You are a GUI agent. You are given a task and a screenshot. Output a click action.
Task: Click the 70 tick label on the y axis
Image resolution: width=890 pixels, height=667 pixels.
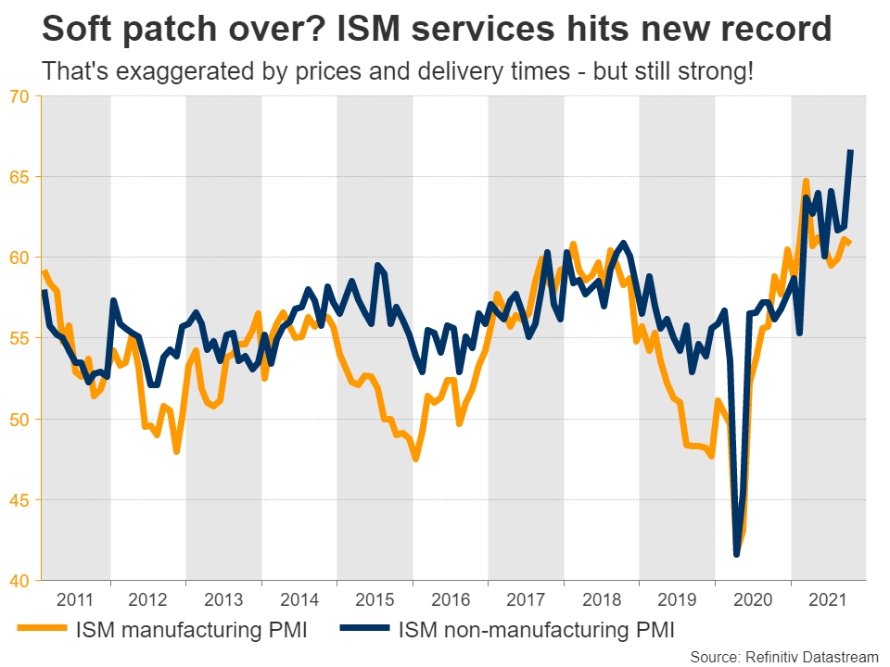point(19,96)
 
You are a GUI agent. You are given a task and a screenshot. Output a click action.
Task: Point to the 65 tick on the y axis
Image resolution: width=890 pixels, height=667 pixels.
point(19,177)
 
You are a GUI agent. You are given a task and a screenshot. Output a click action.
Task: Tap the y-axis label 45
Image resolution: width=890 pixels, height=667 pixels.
point(19,500)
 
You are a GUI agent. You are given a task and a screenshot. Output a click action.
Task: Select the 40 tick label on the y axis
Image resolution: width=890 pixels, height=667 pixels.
point(19,581)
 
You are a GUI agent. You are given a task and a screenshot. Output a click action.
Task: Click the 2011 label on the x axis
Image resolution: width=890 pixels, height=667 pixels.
point(75,599)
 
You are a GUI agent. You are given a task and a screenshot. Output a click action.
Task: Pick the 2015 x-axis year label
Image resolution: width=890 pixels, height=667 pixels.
point(375,599)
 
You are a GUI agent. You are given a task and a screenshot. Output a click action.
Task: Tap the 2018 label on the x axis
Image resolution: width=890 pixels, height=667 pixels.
point(601,599)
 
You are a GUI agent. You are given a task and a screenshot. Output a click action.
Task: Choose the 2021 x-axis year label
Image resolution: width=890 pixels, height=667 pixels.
point(828,599)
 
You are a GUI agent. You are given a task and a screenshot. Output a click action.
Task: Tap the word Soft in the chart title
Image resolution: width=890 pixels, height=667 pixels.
point(76,30)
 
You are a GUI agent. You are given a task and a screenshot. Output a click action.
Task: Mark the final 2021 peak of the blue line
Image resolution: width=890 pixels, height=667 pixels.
point(851,151)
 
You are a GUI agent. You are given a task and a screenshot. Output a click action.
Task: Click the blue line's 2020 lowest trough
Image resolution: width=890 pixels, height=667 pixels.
point(737,554)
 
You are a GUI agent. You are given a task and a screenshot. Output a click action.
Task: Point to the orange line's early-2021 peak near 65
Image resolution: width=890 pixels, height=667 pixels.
point(806,181)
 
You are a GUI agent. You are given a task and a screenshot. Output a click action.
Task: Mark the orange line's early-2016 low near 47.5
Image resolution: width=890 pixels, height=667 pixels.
point(415,459)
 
